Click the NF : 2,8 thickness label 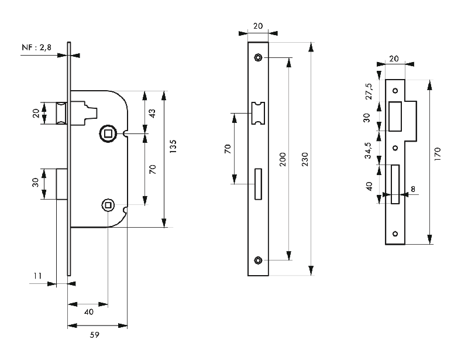coord(37,47)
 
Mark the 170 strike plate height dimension coord(438,153)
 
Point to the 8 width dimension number coord(412,189)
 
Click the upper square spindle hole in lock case coord(107,133)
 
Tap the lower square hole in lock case coord(107,204)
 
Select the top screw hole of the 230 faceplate coord(258,57)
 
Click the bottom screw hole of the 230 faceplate coord(258,260)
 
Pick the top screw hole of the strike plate coord(395,91)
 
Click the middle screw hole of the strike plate coord(395,148)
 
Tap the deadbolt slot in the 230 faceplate coord(258,184)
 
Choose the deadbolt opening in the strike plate coord(395,184)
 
